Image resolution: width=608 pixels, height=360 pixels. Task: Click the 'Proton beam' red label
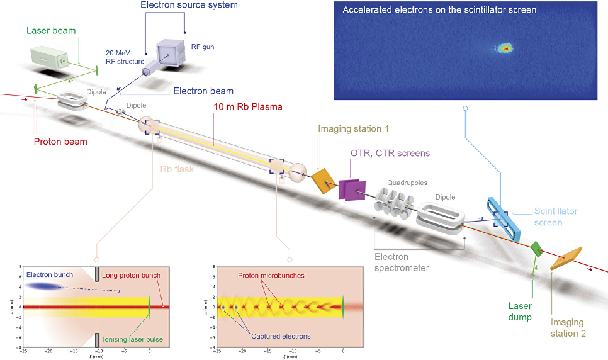[61, 142]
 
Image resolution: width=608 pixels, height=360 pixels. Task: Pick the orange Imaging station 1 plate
[324, 180]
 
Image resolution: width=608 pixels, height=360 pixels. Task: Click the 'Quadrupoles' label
[407, 183]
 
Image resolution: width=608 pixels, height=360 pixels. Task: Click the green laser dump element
[537, 249]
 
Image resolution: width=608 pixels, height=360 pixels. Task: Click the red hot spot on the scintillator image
[505, 47]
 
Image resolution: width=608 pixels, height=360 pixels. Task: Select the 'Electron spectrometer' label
[402, 262]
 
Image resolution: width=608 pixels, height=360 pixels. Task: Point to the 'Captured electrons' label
[281, 336]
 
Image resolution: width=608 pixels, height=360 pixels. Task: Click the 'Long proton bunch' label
[132, 275]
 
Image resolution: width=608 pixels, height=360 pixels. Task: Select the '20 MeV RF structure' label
[124, 57]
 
